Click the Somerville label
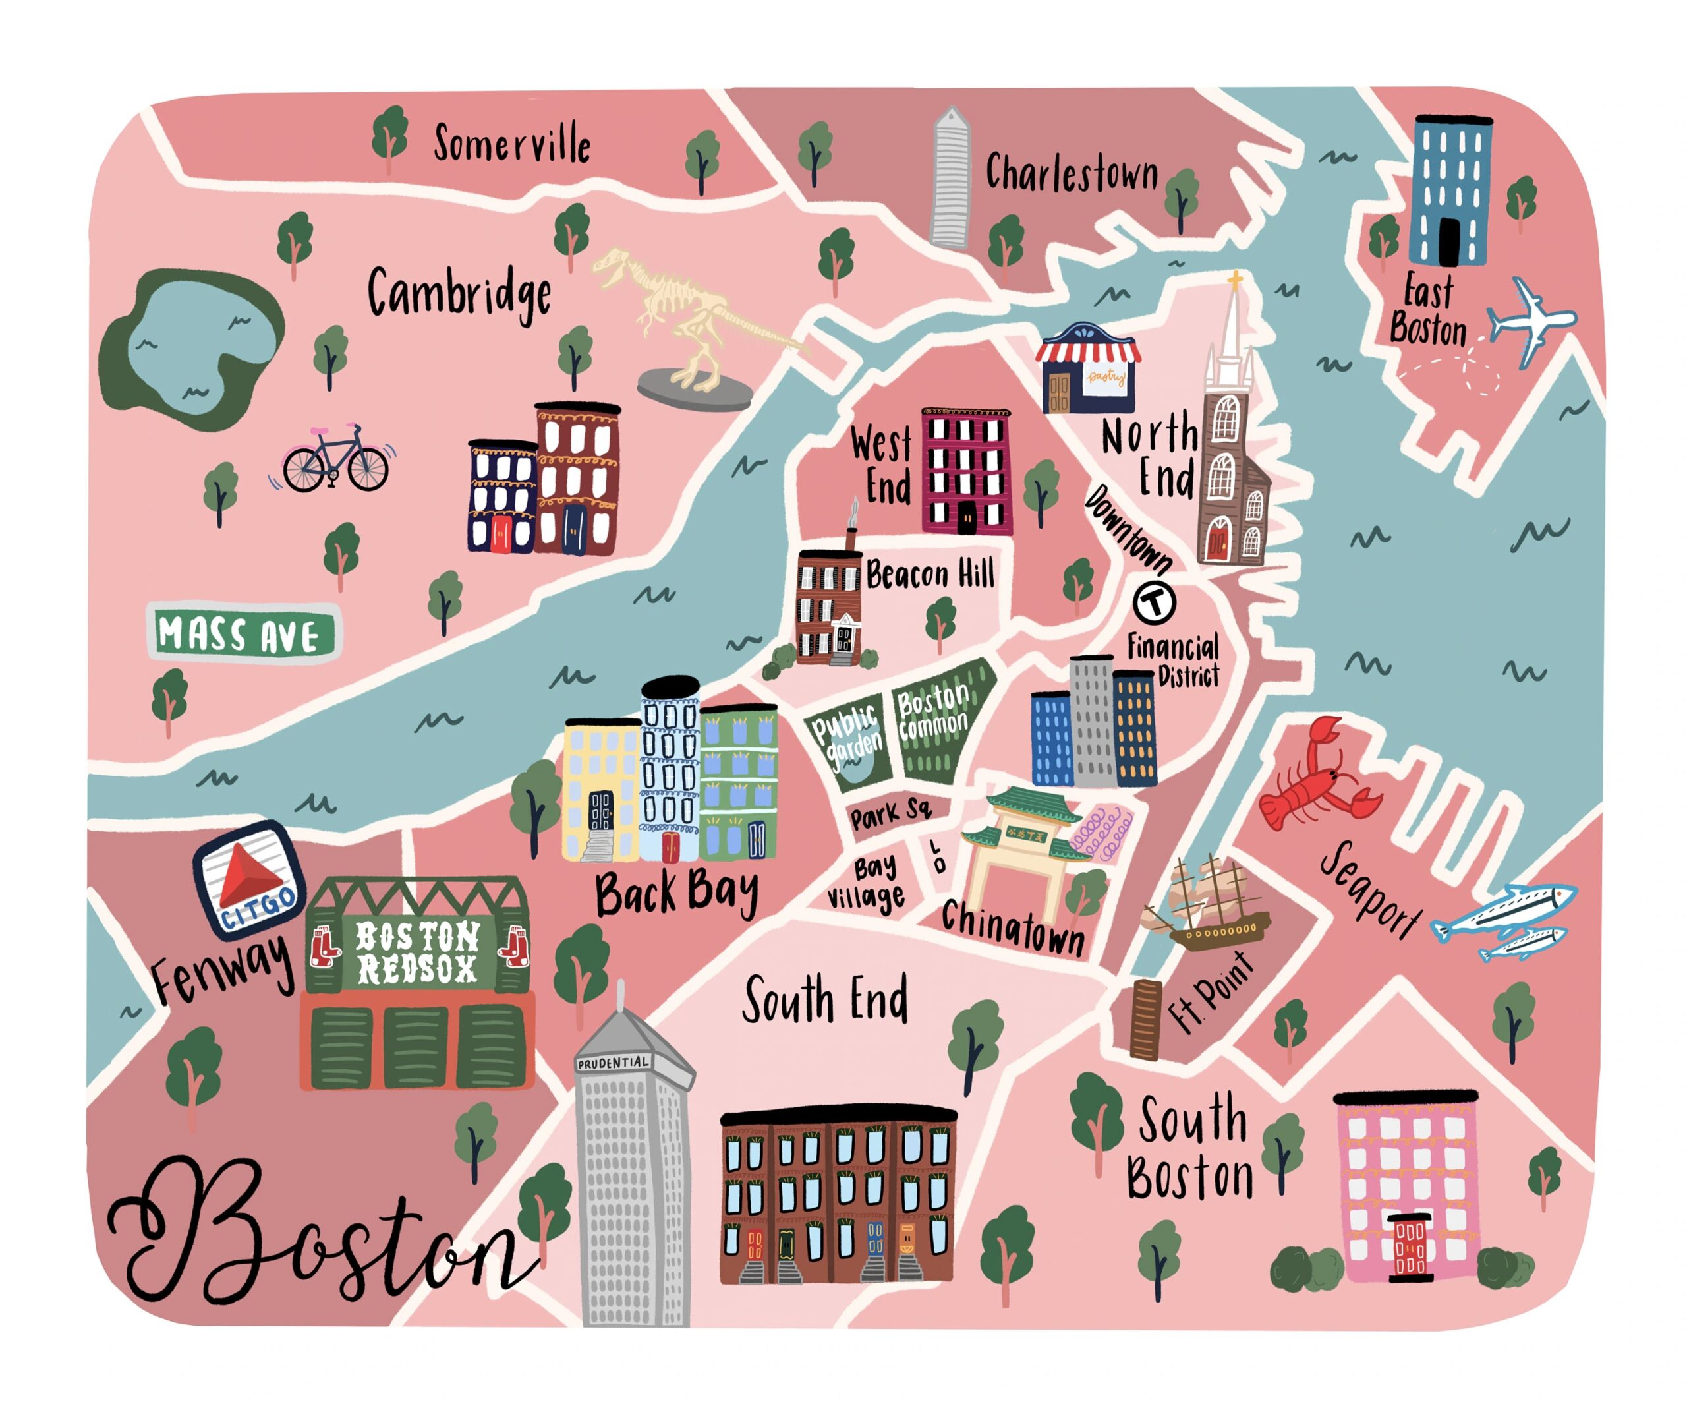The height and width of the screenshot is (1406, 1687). coord(512,144)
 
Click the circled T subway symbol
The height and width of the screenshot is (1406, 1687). coord(1155,601)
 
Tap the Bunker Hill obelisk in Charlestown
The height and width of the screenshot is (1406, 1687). coord(950,181)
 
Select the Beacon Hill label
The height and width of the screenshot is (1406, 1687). coord(930,574)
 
